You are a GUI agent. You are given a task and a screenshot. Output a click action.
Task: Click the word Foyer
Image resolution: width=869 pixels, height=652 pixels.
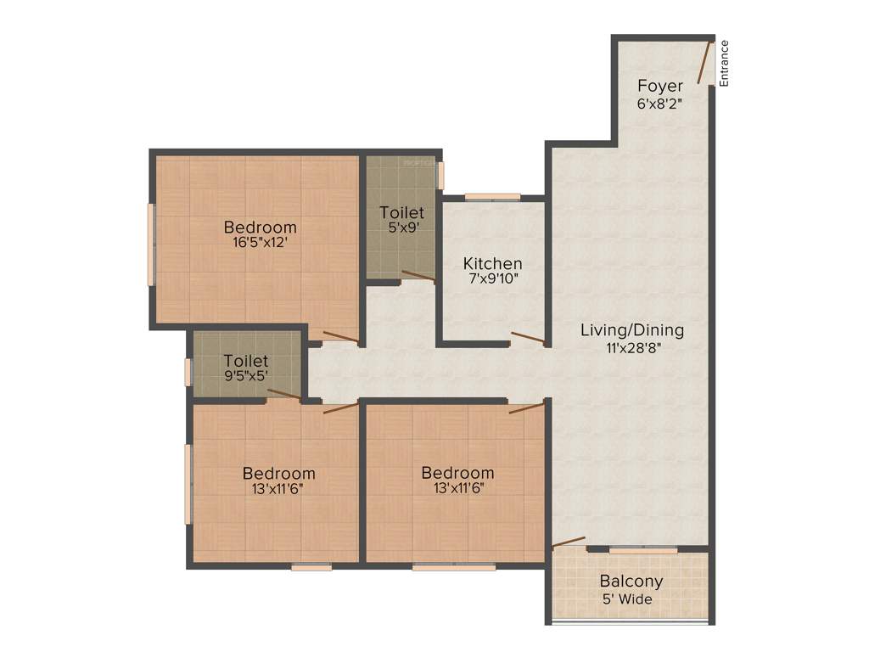660,86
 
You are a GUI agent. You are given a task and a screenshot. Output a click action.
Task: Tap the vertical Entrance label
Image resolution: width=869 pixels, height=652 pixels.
724,65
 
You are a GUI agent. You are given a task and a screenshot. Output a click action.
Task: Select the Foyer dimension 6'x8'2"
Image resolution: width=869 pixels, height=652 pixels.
660,104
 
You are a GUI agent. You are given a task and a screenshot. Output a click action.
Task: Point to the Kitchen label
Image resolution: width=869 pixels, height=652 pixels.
492,263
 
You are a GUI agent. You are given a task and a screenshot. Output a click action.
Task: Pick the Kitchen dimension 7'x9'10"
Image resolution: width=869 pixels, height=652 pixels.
492,278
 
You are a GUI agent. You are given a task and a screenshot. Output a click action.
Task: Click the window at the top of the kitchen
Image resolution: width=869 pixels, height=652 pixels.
492,197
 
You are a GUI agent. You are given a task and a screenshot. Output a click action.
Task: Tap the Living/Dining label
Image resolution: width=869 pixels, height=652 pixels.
631,330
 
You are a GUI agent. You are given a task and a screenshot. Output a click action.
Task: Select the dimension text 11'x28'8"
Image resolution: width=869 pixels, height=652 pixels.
631,346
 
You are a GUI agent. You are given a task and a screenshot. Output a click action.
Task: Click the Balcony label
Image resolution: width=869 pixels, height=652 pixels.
631,582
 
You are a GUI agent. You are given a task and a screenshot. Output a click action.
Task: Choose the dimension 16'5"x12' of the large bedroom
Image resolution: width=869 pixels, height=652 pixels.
261,243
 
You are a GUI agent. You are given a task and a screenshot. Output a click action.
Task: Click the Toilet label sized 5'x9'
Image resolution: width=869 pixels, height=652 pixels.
401,212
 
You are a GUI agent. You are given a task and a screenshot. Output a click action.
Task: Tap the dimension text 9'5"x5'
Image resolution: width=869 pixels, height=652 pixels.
246,377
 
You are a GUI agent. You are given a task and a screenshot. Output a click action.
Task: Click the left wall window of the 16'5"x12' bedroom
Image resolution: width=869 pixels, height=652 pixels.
152,244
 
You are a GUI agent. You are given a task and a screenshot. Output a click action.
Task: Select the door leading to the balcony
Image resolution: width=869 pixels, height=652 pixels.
569,542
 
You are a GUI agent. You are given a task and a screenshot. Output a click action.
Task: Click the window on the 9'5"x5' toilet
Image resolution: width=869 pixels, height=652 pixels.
188,373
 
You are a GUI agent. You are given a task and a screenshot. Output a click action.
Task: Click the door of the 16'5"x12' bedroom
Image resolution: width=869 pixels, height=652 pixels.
340,337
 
